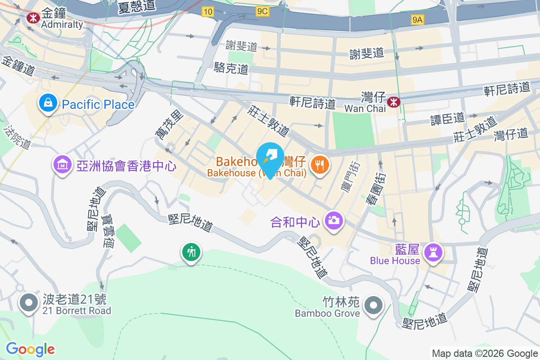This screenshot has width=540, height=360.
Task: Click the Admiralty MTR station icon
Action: pyautogui.click(x=32, y=18)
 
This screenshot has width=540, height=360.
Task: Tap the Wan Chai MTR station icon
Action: pyautogui.click(x=393, y=102)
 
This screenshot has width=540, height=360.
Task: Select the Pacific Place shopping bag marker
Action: pyautogui.click(x=47, y=103)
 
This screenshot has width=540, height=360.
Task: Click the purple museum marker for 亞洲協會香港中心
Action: pyautogui.click(x=63, y=165)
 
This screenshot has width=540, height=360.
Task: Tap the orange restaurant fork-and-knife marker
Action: pyautogui.click(x=320, y=165)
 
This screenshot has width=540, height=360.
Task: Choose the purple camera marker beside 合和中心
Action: pyautogui.click(x=333, y=220)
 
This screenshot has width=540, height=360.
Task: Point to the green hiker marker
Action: pyautogui.click(x=191, y=252)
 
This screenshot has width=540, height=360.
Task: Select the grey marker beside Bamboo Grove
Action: pyautogui.click(x=373, y=306)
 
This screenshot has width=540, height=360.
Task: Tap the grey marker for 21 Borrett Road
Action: pyautogui.click(x=29, y=303)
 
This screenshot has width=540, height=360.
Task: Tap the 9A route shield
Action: pyautogui.click(x=418, y=19)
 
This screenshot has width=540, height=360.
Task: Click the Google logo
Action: pyautogui.click(x=30, y=349)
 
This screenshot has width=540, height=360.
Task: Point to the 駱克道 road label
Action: pyautogui.click(x=231, y=68)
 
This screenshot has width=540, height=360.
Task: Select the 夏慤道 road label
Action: pyautogui.click(x=137, y=6)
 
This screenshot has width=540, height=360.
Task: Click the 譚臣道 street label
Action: pyautogui.click(x=447, y=118)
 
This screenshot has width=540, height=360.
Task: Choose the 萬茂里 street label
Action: pyautogui.click(x=169, y=125)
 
